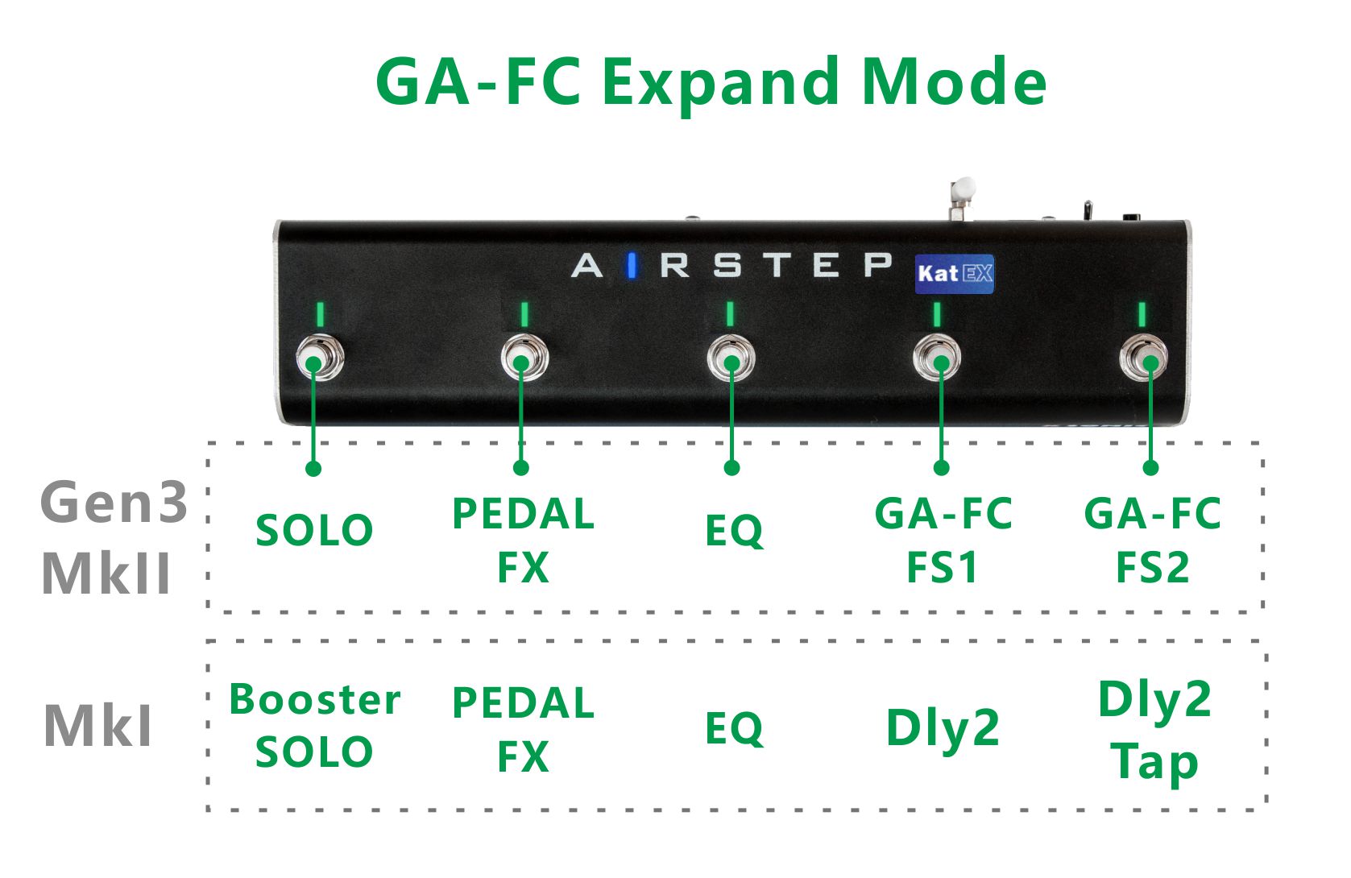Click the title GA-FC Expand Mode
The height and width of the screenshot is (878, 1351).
(711, 83)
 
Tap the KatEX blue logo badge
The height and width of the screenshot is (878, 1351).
(955, 274)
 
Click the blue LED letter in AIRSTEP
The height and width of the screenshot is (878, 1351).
(632, 265)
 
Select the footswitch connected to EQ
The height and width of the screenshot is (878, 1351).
(731, 359)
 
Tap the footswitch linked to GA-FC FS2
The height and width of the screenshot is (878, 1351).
(1144, 359)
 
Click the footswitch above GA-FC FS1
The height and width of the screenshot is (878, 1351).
(937, 359)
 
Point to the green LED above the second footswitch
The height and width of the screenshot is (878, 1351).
(524, 314)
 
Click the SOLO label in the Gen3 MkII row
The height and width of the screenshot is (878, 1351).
(314, 531)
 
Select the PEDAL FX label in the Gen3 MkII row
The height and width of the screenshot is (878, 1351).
(524, 540)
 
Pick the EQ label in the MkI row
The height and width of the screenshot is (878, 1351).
(733, 729)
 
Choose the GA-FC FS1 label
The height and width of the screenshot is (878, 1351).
(943, 540)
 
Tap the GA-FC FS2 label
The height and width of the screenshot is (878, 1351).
(1152, 540)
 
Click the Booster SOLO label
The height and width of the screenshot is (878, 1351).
(314, 726)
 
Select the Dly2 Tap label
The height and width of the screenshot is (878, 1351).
(1154, 731)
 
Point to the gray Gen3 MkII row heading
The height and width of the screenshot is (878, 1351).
(113, 538)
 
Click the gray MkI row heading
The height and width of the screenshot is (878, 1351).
(97, 727)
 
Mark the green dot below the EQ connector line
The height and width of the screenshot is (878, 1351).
(731, 468)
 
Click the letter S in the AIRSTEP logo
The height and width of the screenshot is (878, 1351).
(727, 265)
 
